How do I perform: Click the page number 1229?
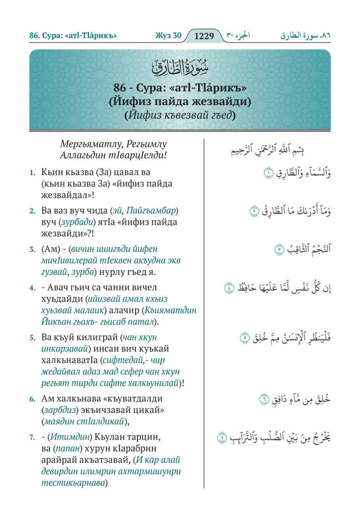(204, 36)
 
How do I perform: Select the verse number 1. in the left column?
(32, 173)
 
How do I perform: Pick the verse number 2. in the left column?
(32, 210)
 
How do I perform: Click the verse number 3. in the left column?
(32, 248)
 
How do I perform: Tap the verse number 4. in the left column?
(32, 288)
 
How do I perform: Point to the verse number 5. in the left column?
(32, 337)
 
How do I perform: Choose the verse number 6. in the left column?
(32, 399)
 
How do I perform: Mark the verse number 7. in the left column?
(32, 437)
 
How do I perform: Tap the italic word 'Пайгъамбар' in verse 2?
(154, 210)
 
